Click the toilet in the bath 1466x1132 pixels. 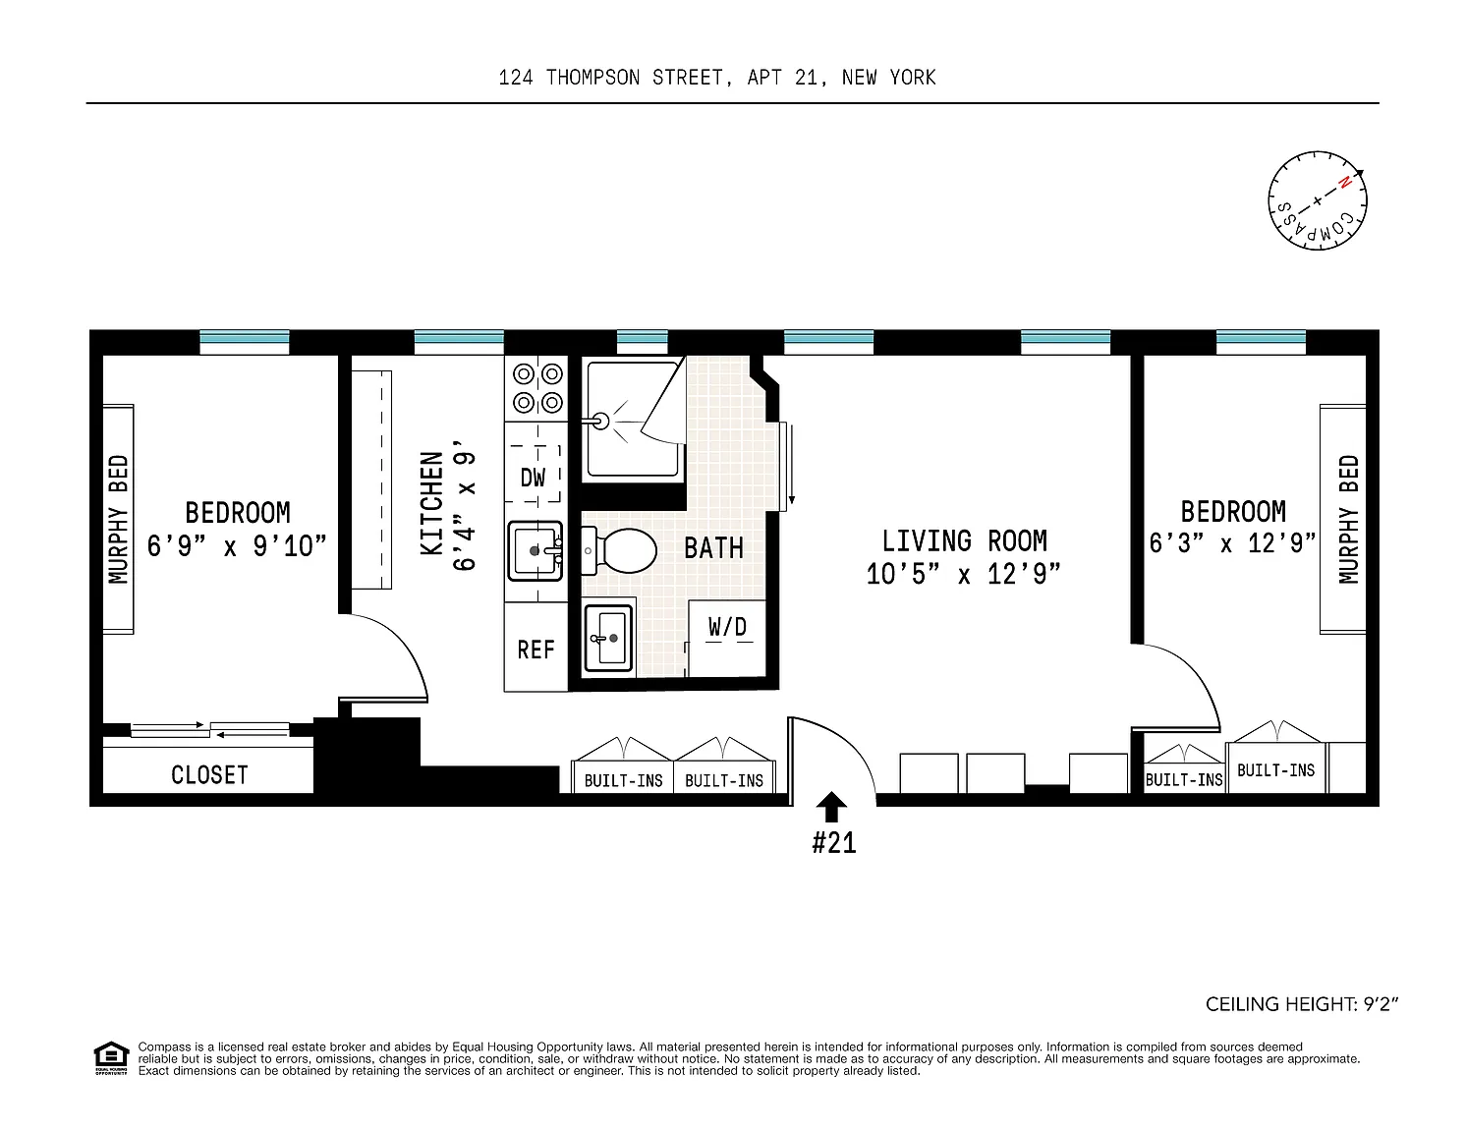pos(619,550)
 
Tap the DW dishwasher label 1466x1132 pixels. pos(533,478)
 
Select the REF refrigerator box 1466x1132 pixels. pos(536,647)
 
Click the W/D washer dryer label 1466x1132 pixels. pos(727,627)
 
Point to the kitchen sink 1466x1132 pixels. pos(535,550)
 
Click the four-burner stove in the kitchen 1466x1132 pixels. pos(537,388)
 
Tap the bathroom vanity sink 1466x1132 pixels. pos(608,638)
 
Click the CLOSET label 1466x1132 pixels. pos(209,775)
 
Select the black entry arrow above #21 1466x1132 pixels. pos(831,807)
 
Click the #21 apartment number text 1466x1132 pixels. pos(834,843)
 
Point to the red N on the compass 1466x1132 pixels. pos(1344,182)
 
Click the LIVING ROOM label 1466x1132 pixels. pos(965,541)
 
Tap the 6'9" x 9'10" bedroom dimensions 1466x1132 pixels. pos(237,545)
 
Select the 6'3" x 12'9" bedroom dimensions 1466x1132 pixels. pos(1232,543)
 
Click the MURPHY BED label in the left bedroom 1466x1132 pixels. pos(119,519)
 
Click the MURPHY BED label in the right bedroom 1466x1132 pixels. pos(1349,519)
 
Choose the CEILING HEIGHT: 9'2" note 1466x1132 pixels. pos(1301,1004)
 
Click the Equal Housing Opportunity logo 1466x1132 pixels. pos(111,1058)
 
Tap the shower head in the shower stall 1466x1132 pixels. pos(599,422)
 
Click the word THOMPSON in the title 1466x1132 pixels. pos(592,79)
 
